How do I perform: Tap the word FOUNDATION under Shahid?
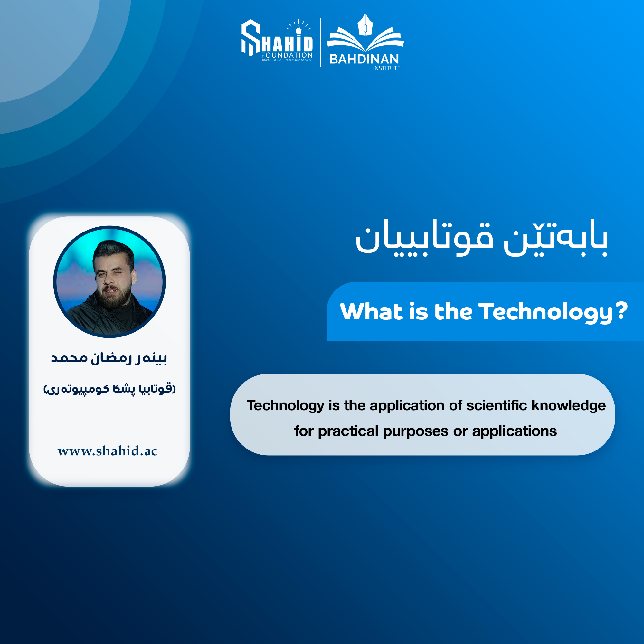coord(287,55)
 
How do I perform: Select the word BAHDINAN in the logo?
coord(364,59)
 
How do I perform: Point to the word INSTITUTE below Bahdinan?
coord(386,68)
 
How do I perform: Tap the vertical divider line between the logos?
coord(320,42)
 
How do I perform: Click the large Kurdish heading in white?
coord(482,238)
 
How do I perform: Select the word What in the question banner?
coord(371,311)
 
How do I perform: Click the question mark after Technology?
coord(622,311)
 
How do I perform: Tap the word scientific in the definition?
coord(497,405)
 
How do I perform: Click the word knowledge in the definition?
coord(569,406)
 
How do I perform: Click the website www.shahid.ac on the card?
coord(107,451)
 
